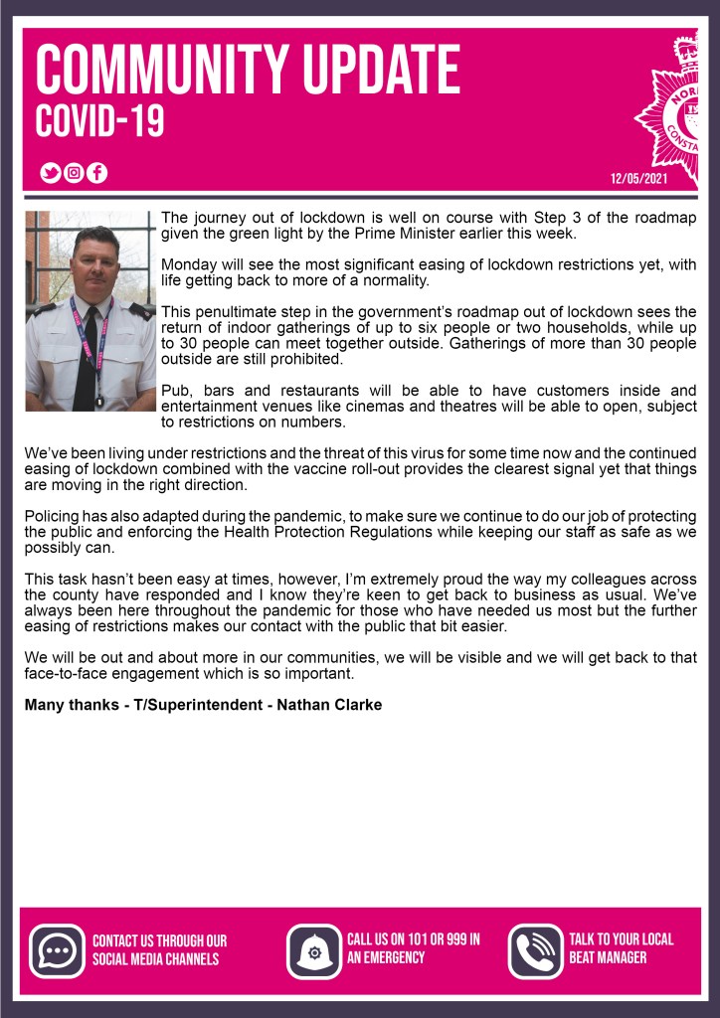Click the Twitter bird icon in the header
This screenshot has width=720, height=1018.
tap(51, 173)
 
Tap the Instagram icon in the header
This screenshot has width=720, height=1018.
tap(74, 173)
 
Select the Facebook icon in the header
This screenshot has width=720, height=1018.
tap(96, 173)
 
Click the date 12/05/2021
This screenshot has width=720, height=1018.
tap(638, 179)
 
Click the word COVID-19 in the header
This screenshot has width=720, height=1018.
tap(99, 122)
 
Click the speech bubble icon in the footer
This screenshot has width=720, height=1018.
tap(57, 950)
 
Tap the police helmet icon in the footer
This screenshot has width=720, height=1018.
tap(314, 951)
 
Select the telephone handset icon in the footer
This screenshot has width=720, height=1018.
tap(535, 950)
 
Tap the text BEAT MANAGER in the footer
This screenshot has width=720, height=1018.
tap(608, 958)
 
